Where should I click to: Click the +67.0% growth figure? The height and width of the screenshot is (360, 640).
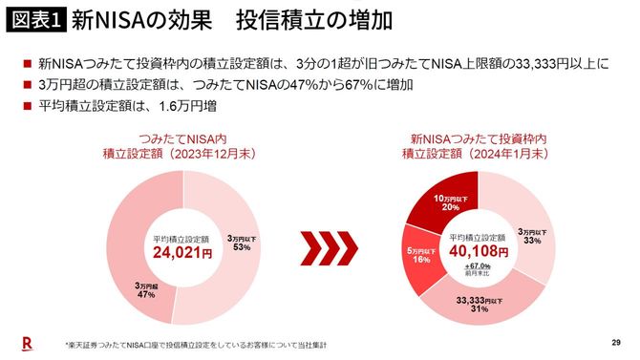click(480, 266)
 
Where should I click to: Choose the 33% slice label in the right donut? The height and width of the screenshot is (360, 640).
click(534, 236)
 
